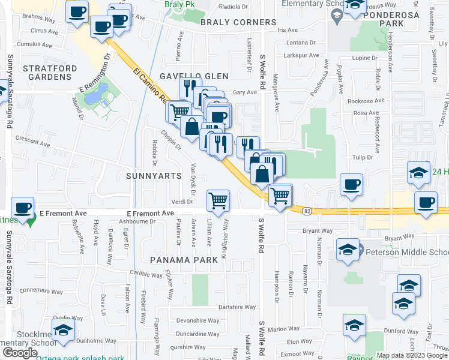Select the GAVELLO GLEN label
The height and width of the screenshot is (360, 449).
(x=194, y=76)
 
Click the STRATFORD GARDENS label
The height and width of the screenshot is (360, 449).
(x=47, y=73)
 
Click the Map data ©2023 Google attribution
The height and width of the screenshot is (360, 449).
(x=411, y=355)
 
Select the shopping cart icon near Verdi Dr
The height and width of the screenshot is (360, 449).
(x=218, y=200)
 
